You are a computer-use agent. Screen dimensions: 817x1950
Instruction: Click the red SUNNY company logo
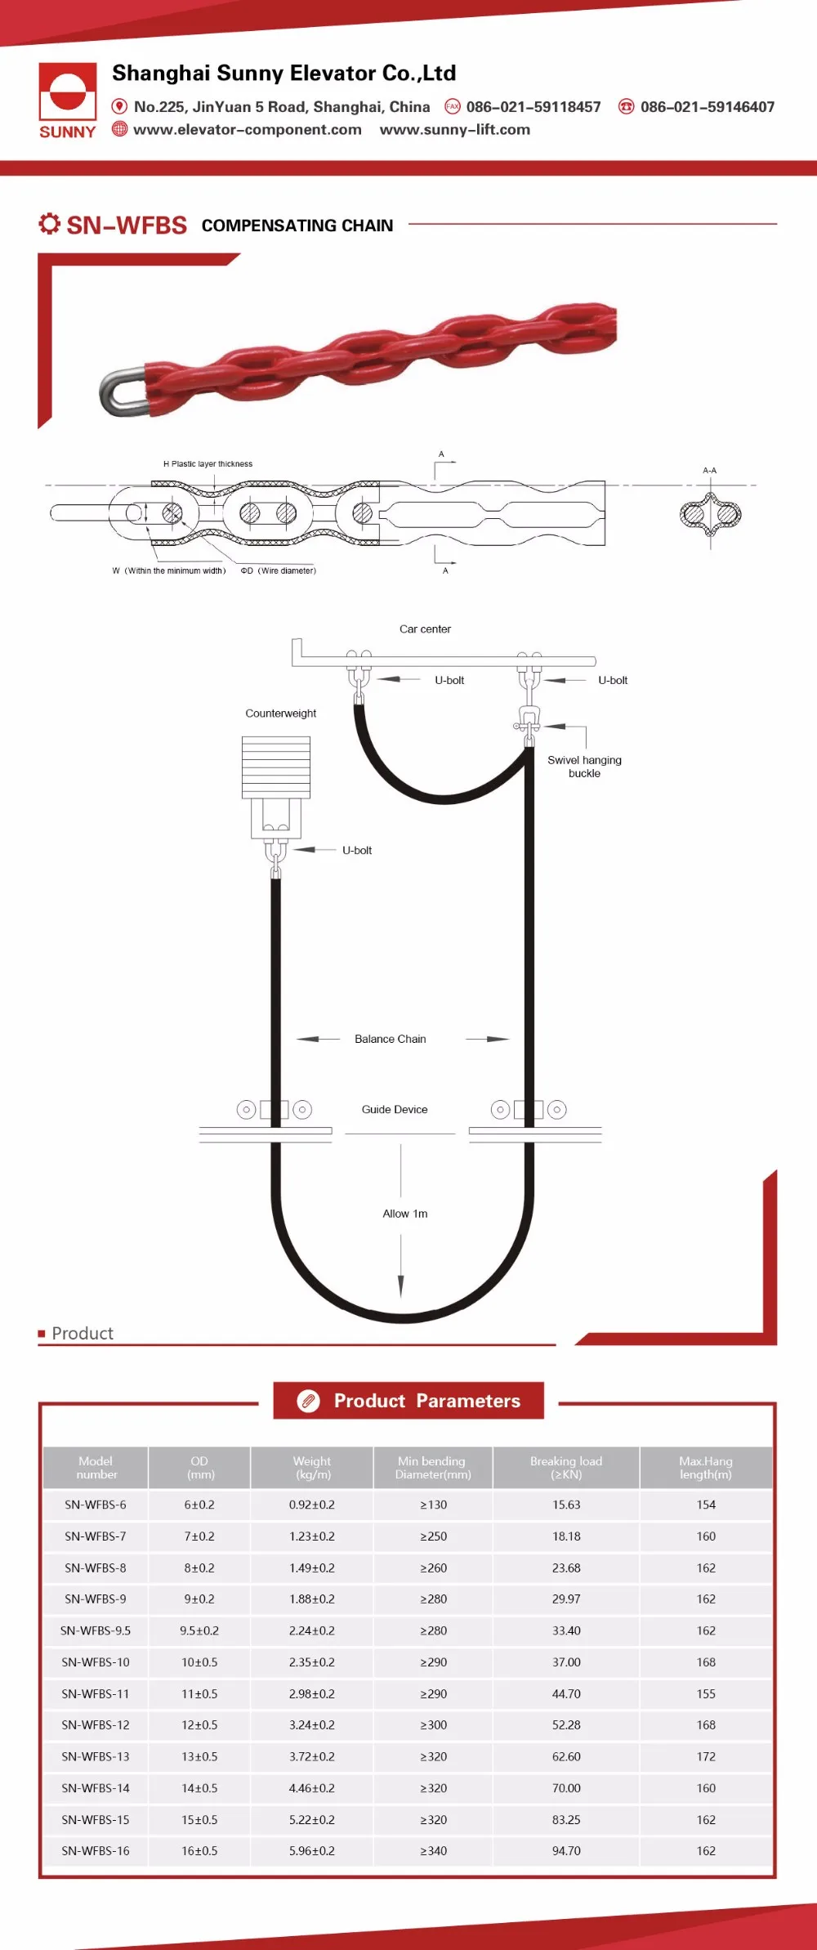coord(68,101)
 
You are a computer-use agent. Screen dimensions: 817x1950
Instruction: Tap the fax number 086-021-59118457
coord(533,107)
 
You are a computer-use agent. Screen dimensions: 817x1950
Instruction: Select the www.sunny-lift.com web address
coord(454,130)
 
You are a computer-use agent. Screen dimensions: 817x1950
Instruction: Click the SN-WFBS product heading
coord(127,225)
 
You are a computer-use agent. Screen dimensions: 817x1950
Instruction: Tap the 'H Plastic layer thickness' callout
coord(208,463)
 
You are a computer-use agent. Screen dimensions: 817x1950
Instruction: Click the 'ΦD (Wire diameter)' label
coord(278,570)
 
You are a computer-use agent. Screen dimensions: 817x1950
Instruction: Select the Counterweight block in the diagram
coord(276,767)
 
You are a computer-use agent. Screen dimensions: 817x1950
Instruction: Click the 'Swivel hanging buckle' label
coord(584,767)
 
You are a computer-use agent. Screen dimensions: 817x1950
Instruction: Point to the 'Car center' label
coord(425,629)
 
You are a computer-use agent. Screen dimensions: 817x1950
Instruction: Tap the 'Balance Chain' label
coord(391,1039)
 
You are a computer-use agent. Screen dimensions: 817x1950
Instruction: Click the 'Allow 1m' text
coord(405,1214)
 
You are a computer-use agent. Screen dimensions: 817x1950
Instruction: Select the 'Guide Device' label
coord(395,1109)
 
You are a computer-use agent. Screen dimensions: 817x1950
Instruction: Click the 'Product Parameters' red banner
coord(408,1401)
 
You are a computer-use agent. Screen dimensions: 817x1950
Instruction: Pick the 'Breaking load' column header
coord(566,1468)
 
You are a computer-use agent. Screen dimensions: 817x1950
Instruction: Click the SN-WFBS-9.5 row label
coord(96,1630)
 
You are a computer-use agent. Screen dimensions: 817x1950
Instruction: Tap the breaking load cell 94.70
coord(566,1850)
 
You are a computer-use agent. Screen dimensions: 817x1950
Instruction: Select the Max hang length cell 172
coord(706,1756)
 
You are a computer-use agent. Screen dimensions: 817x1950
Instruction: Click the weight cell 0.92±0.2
coord(312,1505)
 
